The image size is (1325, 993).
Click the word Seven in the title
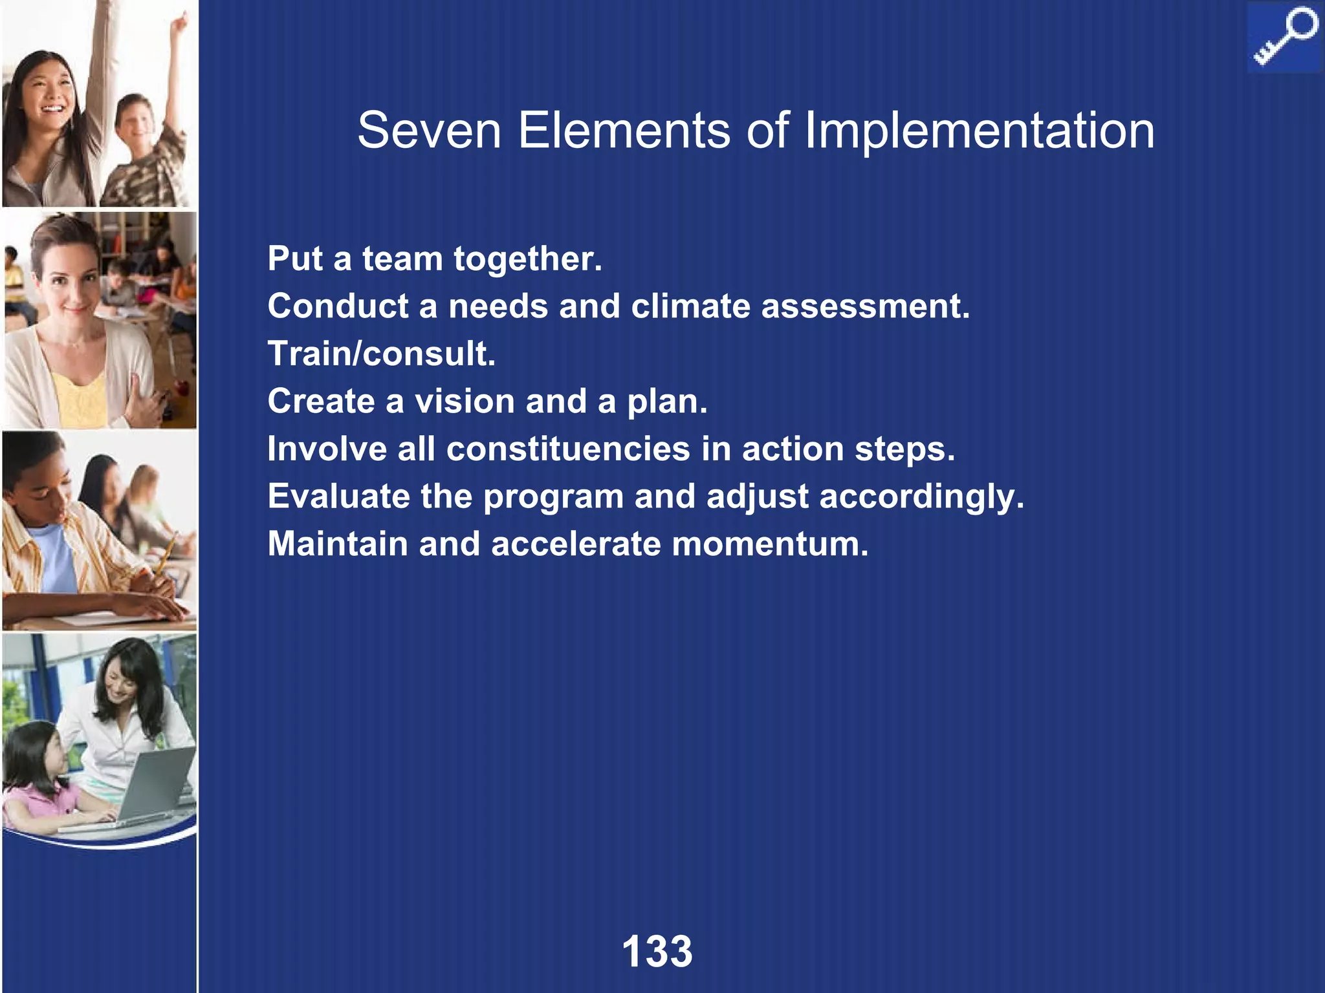(429, 131)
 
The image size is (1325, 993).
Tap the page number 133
(657, 952)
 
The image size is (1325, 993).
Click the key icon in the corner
(1284, 37)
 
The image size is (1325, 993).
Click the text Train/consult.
(382, 354)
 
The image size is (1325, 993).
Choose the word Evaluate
(338, 496)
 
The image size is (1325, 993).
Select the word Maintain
(338, 544)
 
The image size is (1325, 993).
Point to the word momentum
(770, 544)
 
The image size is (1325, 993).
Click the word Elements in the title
(624, 131)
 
